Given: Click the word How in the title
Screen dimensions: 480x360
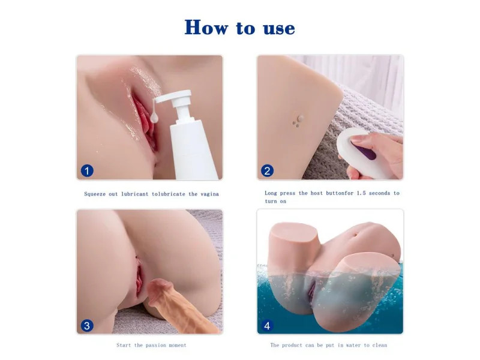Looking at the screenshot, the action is pyautogui.click(x=206, y=27).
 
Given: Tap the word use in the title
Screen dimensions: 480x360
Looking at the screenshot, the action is pyautogui.click(x=279, y=29).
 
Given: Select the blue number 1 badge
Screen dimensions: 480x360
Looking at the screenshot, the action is pyautogui.click(x=87, y=171).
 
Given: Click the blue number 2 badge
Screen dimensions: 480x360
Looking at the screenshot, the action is pyautogui.click(x=267, y=171).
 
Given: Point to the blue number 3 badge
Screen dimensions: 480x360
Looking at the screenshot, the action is pyautogui.click(x=87, y=325).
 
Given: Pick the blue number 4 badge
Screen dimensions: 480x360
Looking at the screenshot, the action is pyautogui.click(x=267, y=325).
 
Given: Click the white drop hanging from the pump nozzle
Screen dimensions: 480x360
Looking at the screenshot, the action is pyautogui.click(x=154, y=118).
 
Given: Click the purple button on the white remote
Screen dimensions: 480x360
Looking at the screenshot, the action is pyautogui.click(x=365, y=152).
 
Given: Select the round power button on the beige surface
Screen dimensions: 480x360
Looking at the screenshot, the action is pyautogui.click(x=301, y=118).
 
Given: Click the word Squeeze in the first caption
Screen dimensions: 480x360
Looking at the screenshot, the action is pyautogui.click(x=95, y=194).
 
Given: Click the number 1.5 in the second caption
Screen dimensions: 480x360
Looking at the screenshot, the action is pyautogui.click(x=361, y=193).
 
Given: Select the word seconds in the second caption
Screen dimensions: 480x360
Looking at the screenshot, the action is pyautogui.click(x=379, y=193).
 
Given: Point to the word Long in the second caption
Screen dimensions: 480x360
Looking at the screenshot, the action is pyautogui.click(x=271, y=193).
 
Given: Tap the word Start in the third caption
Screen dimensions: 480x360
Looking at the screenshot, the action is pyautogui.click(x=124, y=346).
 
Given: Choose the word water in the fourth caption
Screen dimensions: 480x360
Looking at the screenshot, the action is pyautogui.click(x=353, y=346).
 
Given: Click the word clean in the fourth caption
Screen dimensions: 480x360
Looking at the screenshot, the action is pyautogui.click(x=380, y=346).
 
